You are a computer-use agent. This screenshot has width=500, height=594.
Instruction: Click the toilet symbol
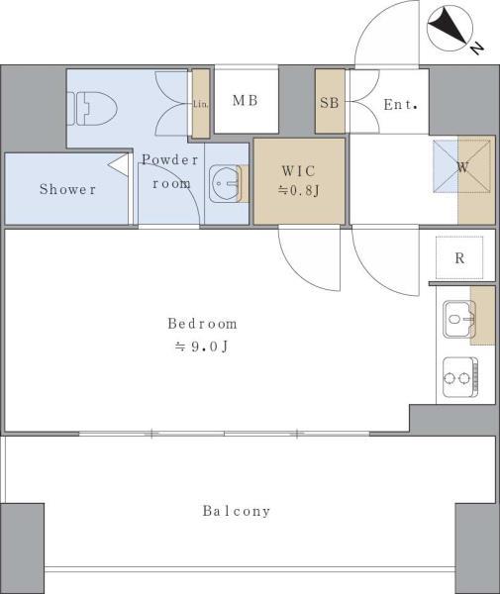pos(92,108)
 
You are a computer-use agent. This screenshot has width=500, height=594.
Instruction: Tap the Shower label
pos(67,189)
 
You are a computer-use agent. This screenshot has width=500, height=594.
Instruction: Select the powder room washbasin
pos(224,184)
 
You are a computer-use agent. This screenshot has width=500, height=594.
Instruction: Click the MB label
pos(246,100)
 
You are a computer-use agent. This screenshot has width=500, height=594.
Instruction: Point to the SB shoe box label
pos(329,103)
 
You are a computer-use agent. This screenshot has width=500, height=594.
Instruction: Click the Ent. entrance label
pos(400,105)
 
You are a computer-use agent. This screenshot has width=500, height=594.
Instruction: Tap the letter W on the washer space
pos(463,167)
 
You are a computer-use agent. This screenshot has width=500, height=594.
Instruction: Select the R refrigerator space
pos(459,257)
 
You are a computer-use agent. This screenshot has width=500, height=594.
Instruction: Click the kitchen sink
pos(459,319)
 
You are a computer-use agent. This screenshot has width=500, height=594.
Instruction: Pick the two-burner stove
pos(460,377)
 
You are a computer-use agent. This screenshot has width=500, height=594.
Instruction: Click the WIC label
pos(298,171)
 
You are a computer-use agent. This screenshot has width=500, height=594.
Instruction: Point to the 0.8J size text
pos(299,190)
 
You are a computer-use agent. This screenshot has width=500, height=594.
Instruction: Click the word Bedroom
pos(203,324)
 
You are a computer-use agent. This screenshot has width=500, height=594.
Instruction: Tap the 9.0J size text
pos(202,346)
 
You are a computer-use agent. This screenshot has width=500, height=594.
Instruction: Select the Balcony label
pos(237,511)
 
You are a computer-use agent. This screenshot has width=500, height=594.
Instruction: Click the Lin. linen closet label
pos(200,104)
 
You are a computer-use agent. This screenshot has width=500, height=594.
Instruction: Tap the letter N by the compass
pos(477,49)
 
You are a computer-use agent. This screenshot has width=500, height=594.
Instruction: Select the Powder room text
pos(170,171)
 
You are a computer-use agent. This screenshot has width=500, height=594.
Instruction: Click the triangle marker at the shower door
pos(119,164)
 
